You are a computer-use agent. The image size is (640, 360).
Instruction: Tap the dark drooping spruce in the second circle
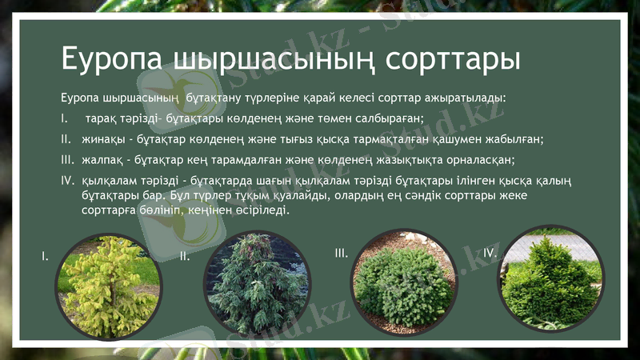click(x=257, y=283)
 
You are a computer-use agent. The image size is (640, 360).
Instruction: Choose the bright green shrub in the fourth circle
click(x=551, y=280)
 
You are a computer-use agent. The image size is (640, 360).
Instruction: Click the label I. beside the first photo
click(x=46, y=257)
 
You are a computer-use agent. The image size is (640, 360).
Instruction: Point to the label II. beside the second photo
click(x=185, y=257)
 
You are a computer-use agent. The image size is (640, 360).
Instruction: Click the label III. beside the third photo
click(x=342, y=253)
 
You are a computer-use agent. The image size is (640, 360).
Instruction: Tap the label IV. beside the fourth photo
click(x=490, y=253)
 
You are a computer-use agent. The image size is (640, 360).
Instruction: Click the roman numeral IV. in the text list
click(x=67, y=179)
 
